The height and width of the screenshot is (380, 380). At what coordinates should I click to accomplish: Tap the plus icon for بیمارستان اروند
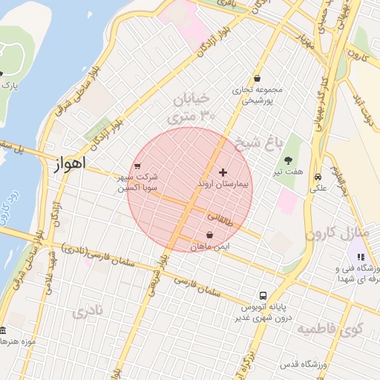(223, 172)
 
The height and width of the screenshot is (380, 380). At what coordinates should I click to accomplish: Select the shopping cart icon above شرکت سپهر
(137, 166)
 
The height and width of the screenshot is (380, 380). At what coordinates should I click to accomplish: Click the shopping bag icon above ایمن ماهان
(209, 235)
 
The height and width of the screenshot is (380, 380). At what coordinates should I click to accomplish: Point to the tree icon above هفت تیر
(287, 160)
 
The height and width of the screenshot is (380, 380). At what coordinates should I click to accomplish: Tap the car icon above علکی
(318, 177)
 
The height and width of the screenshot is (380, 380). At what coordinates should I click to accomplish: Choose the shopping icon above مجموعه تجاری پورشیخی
(257, 78)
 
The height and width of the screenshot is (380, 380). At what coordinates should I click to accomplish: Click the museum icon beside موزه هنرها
(3, 330)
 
